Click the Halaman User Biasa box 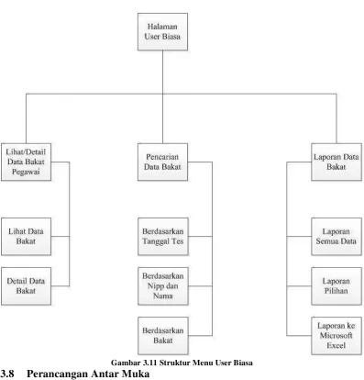click(x=162, y=31)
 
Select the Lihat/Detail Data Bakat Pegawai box click(x=26, y=162)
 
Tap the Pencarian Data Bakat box click(x=162, y=162)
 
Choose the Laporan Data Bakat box click(x=336, y=162)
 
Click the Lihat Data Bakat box click(x=26, y=236)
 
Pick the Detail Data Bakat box click(x=26, y=286)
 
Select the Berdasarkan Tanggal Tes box click(x=163, y=236)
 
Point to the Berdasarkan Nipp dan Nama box click(x=163, y=286)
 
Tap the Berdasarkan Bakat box click(x=163, y=336)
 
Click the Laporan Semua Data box click(x=336, y=236)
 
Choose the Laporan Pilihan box click(x=336, y=286)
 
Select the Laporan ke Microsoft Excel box click(x=336, y=336)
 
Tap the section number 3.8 click(x=7, y=374)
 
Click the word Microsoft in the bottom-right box click(x=336, y=336)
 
